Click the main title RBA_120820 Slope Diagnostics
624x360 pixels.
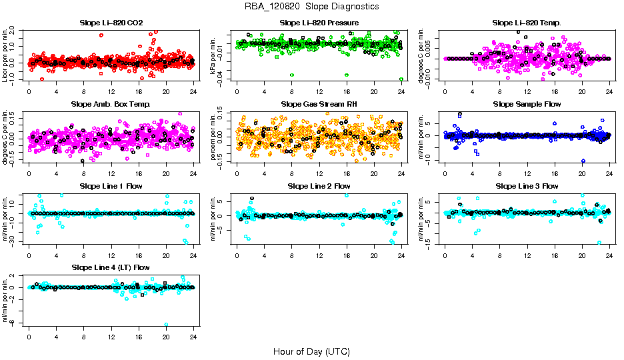312,6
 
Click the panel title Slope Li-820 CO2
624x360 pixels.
111,23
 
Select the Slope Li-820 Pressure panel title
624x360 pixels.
319,23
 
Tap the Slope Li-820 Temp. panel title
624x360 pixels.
527,23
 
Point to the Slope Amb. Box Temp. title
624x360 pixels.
111,104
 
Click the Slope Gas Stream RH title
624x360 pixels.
319,104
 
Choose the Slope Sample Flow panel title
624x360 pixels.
527,104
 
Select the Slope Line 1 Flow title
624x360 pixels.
111,185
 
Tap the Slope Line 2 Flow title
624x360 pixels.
319,185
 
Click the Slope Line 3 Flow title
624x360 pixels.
527,185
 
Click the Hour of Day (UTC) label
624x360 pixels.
312,351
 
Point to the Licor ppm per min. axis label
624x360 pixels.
5,56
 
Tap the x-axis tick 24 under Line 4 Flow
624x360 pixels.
193,336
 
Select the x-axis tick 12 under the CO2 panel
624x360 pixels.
111,92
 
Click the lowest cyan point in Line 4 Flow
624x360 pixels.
166,324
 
